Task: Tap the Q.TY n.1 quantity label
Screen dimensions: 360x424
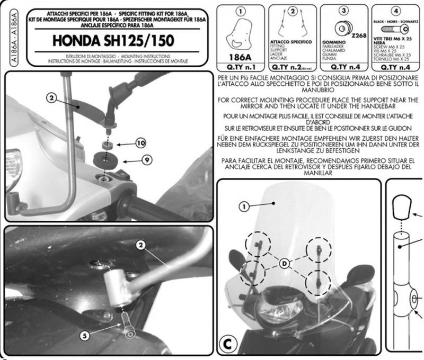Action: [241, 68]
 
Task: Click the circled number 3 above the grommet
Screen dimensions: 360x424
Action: [343, 10]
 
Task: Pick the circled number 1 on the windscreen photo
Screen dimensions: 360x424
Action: [244, 207]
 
